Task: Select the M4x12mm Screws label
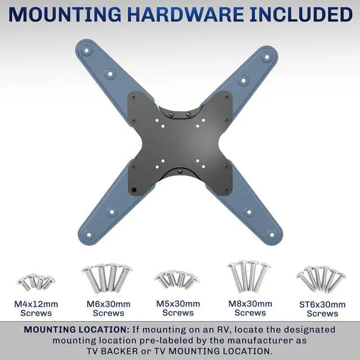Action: pyautogui.click(x=35, y=308)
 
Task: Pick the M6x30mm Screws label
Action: pyautogui.click(x=109, y=308)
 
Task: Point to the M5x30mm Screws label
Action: pyautogui.click(x=178, y=308)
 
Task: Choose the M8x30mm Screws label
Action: pyautogui.click(x=250, y=308)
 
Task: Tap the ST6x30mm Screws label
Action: pyautogui.click(x=322, y=309)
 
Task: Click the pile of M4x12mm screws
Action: pyautogui.click(x=36, y=282)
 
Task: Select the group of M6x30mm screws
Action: pyautogui.click(x=107, y=278)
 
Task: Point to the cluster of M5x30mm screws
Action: pyautogui.click(x=177, y=280)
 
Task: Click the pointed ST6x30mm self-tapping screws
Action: pyautogui.click(x=321, y=280)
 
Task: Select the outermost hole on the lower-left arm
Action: pyautogui.click(x=88, y=230)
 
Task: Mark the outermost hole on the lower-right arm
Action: pyautogui.click(x=272, y=233)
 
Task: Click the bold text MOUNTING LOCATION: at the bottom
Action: pyautogui.click(x=76, y=330)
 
